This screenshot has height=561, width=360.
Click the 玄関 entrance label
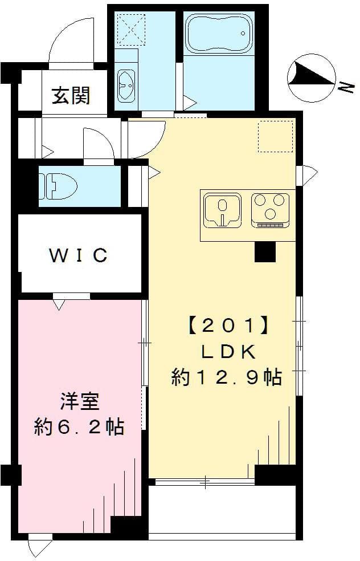[71, 95]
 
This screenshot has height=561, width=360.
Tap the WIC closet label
[79, 255]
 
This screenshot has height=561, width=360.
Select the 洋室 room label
[80, 402]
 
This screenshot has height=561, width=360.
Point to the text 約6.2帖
[79, 427]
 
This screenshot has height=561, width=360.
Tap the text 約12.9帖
[227, 377]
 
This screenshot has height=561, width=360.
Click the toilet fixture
[59, 186]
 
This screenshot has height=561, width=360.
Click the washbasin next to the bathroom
[126, 85]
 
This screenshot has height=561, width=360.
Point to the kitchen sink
[223, 209]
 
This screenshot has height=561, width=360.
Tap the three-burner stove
[271, 209]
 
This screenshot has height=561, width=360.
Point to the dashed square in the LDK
[275, 137]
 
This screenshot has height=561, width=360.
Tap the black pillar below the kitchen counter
[265, 251]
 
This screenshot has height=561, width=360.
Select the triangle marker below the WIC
[59, 306]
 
